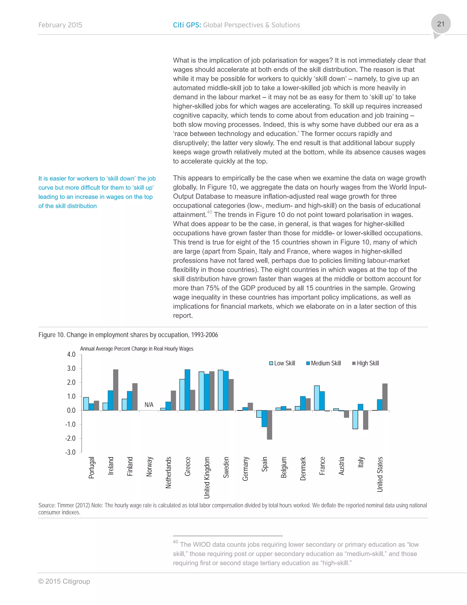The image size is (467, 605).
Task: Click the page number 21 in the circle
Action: click(441, 24)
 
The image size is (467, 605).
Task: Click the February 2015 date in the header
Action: click(60, 25)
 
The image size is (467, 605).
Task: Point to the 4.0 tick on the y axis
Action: click(71, 355)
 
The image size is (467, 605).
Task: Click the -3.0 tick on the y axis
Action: click(70, 452)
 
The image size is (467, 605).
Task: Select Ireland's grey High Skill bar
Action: click(116, 390)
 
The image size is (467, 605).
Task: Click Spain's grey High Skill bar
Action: click(270, 425)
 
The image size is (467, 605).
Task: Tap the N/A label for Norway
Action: click(149, 405)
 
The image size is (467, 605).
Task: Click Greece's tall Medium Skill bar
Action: click(187, 390)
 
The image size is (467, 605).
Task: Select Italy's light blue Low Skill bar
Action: click(355, 419)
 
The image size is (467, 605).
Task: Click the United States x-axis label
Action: click(380, 474)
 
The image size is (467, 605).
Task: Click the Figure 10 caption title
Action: click(128, 335)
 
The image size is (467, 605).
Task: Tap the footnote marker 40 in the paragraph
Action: click(209, 212)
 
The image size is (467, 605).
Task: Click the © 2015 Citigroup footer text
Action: click(64, 581)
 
